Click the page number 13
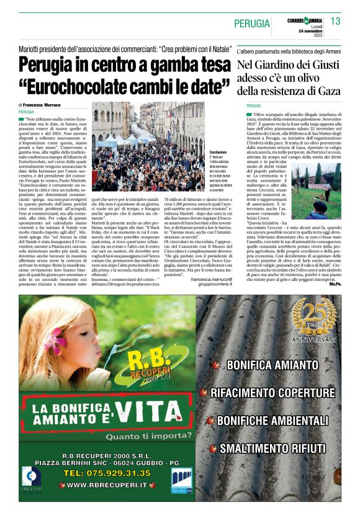[335, 21]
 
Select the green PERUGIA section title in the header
[252, 24]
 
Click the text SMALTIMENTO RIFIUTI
[272, 448]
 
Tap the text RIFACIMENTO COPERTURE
[272, 393]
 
